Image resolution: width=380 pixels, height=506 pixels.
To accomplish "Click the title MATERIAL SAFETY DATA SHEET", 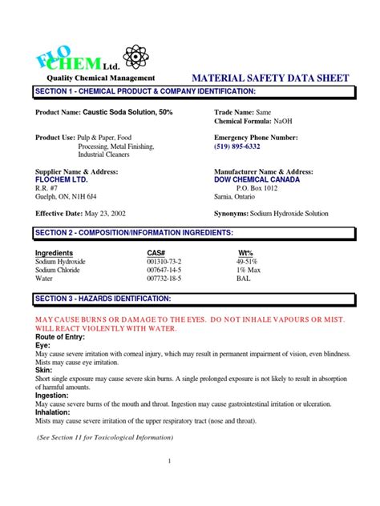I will point(271,78).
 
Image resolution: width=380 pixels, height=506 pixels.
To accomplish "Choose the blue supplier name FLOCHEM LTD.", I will point(62,179).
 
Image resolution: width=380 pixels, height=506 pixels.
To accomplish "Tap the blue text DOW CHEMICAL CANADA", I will point(257,179).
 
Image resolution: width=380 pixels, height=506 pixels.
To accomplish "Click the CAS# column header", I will point(159,253).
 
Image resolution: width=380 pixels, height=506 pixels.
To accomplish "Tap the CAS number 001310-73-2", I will point(164,262).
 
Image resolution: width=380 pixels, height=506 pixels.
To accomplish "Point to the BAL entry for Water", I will point(243,279).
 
